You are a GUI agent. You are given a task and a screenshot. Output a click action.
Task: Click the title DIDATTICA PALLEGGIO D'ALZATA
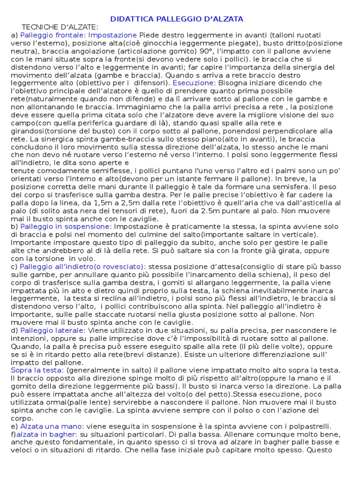click(177, 19)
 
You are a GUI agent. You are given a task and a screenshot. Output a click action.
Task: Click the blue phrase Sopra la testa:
click(37, 370)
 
